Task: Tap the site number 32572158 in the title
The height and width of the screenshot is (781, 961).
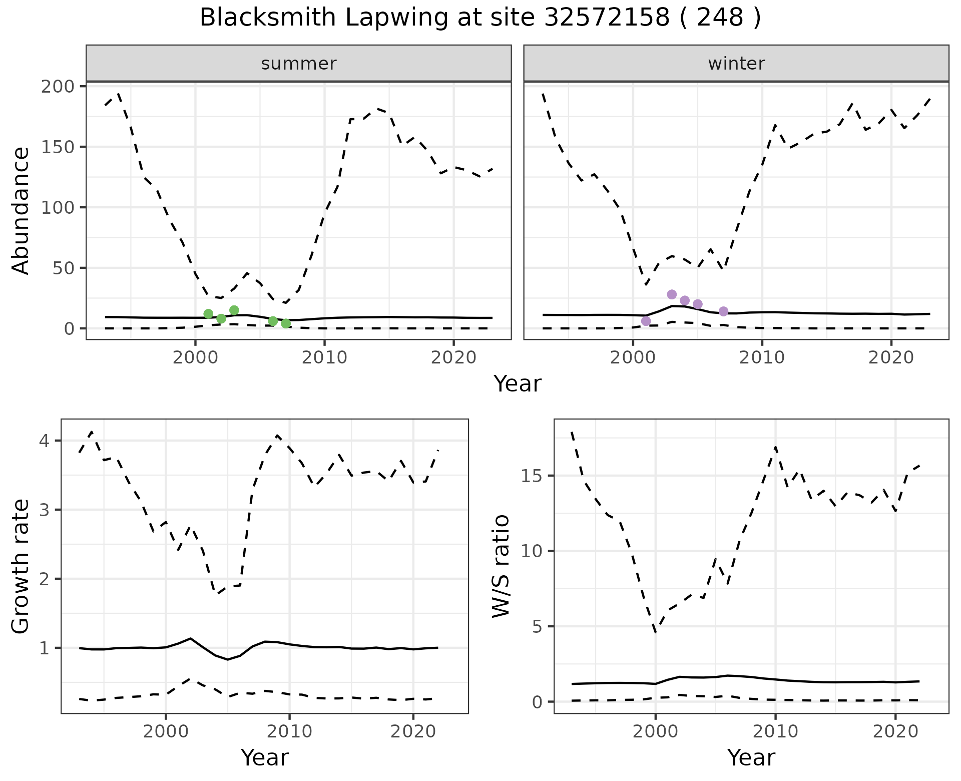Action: (606, 18)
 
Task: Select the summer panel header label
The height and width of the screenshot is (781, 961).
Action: (299, 64)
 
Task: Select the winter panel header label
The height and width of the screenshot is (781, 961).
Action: (736, 64)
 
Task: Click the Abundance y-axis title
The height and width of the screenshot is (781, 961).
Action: (21, 211)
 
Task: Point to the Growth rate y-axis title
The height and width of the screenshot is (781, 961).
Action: (21, 567)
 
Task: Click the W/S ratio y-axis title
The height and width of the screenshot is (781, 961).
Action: (501, 567)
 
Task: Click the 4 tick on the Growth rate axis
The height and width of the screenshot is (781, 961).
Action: (45, 441)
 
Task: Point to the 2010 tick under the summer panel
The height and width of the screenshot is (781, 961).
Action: (324, 358)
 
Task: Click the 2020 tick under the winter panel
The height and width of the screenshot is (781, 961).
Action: (891, 358)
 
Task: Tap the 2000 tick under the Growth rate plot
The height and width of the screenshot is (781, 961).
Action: (166, 731)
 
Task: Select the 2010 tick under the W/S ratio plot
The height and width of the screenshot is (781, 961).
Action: (775, 731)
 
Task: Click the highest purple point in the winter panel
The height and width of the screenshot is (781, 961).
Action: (672, 294)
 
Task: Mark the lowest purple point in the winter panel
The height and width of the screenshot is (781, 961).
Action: (646, 321)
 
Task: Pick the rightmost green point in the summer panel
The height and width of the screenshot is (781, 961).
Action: (286, 323)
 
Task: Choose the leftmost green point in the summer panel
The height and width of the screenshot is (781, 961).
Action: (209, 314)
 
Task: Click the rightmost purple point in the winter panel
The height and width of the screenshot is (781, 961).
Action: (723, 311)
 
